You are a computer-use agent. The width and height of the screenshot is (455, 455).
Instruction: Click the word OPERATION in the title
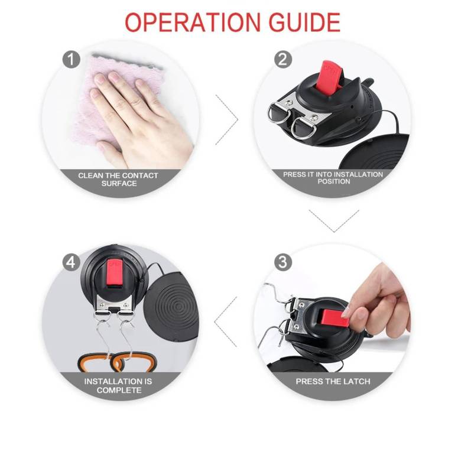point(193,22)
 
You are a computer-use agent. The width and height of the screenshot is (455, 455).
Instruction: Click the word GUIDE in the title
point(304,22)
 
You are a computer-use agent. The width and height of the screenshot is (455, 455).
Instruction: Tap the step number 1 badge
point(71,60)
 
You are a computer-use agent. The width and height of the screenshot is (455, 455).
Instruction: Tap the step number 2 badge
point(283,60)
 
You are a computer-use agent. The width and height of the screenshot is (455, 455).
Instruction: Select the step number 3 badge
point(283,262)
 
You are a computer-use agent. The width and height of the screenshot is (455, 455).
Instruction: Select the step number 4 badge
point(71,262)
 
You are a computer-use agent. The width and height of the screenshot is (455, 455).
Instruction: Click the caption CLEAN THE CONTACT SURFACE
point(118,179)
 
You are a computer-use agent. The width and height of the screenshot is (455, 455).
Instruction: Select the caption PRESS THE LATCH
point(333,381)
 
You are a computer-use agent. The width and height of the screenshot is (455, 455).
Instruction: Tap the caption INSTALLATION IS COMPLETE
point(118,386)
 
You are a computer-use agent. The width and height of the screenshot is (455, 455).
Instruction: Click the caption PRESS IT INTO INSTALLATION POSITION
point(333,178)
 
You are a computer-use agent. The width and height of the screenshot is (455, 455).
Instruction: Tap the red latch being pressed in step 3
point(334,318)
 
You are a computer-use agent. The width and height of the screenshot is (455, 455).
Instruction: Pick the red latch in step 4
point(113,272)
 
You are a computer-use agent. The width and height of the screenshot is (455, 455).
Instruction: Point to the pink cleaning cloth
point(116,99)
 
